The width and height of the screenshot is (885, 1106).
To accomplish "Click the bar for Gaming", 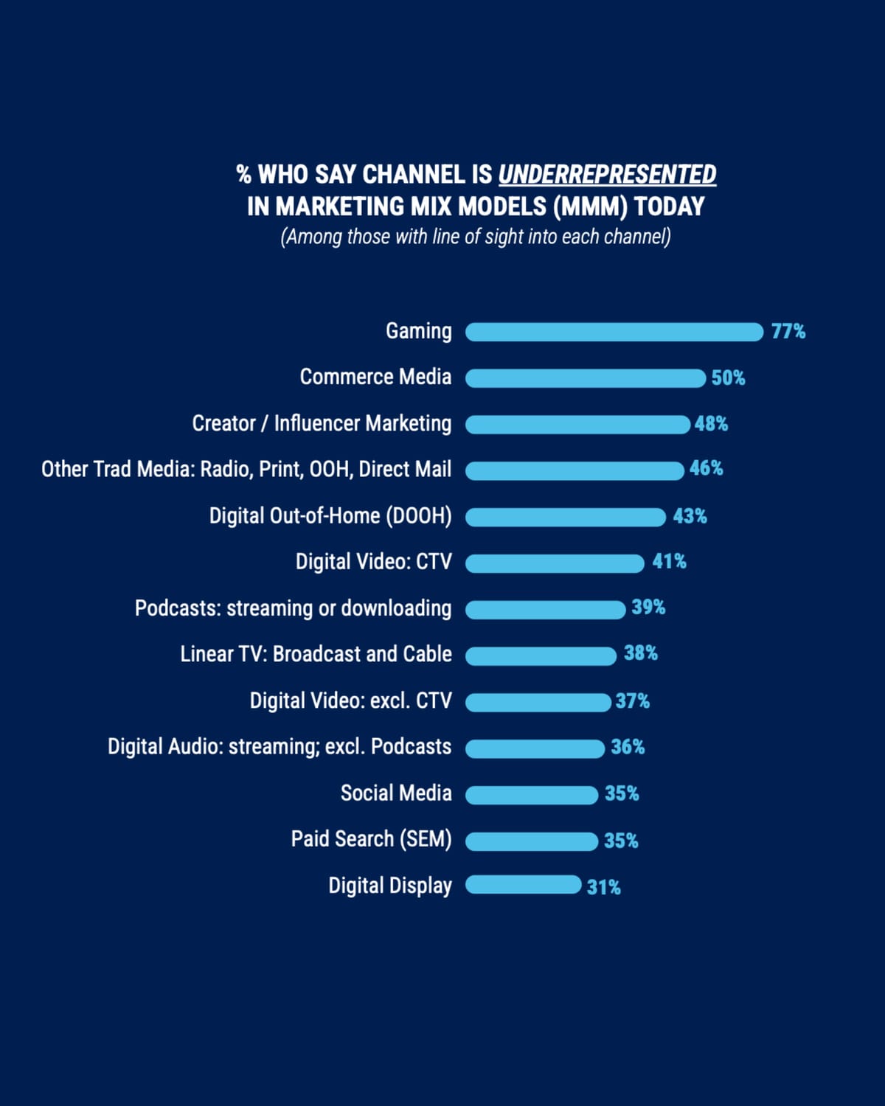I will pyautogui.click(x=614, y=332).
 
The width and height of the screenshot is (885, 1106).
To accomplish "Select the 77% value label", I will pyautogui.click(x=788, y=332).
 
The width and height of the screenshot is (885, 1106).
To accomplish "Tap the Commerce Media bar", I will pyautogui.click(x=586, y=378).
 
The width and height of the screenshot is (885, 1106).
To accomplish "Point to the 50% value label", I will pyautogui.click(x=728, y=378).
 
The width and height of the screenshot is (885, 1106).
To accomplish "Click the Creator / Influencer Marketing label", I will pyautogui.click(x=322, y=423).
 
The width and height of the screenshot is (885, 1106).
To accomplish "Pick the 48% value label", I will pyautogui.click(x=711, y=424).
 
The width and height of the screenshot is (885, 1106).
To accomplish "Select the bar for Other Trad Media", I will pyautogui.click(x=575, y=470).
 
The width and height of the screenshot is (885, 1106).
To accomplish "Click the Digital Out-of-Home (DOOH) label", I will pyautogui.click(x=330, y=515).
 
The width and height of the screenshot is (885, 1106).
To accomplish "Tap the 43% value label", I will pyautogui.click(x=690, y=516).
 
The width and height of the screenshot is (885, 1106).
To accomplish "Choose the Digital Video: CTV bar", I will pyautogui.click(x=555, y=563).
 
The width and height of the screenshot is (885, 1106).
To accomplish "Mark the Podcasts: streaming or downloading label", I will pyautogui.click(x=293, y=608).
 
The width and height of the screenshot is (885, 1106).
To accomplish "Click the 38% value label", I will pyautogui.click(x=640, y=653).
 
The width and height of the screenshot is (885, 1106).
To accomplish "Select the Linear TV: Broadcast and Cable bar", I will pyautogui.click(x=541, y=655).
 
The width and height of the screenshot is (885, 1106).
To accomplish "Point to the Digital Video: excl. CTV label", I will pyautogui.click(x=350, y=700).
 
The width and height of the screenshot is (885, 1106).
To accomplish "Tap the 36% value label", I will pyautogui.click(x=628, y=747).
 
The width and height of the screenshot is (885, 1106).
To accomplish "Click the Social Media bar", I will pyautogui.click(x=532, y=795).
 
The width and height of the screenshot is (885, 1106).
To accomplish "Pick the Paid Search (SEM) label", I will pyautogui.click(x=371, y=839).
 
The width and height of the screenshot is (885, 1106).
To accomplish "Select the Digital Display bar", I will pyautogui.click(x=524, y=885).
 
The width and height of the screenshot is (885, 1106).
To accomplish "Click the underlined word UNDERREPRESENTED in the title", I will pyautogui.click(x=607, y=175).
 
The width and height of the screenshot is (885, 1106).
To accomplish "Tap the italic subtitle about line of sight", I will pyautogui.click(x=476, y=237).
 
